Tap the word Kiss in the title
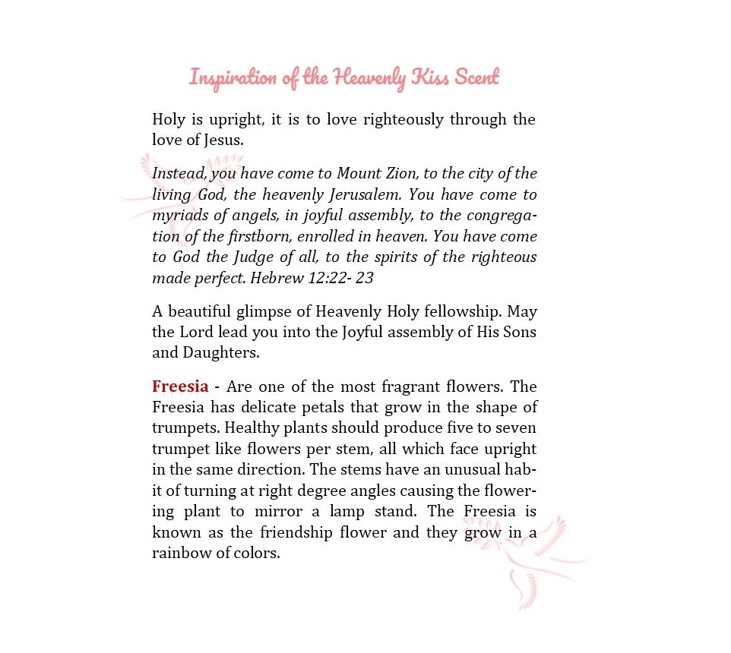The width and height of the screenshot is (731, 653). [x=432, y=77]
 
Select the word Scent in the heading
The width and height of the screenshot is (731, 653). [x=476, y=77]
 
